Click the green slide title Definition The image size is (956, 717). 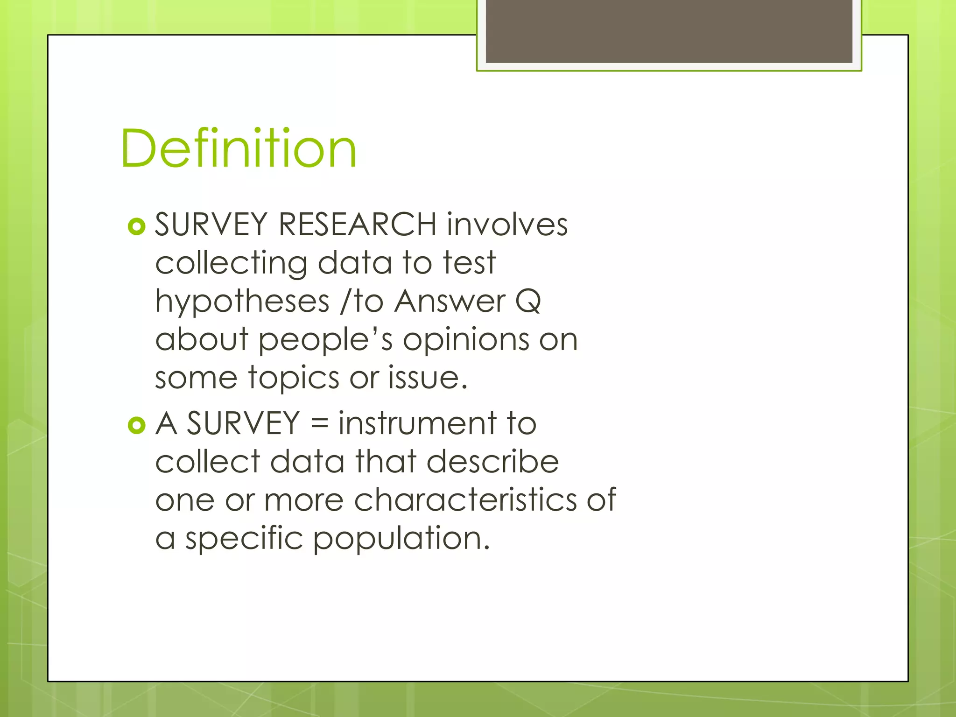click(x=239, y=148)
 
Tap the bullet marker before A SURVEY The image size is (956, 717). click(x=136, y=425)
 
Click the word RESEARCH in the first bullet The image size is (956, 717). click(x=357, y=225)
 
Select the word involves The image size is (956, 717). click(x=507, y=225)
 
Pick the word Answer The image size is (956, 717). click(x=450, y=301)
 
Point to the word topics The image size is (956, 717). click(x=294, y=378)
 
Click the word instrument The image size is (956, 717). click(x=417, y=423)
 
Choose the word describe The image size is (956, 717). click(x=492, y=462)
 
